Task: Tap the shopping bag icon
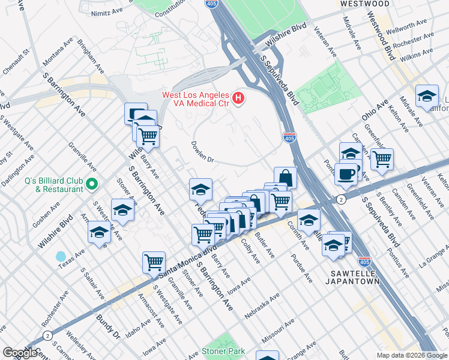coord(286,177)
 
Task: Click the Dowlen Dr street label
coord(202,152)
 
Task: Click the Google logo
coord(20,353)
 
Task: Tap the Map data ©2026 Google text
coord(411,355)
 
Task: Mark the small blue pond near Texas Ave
coord(61,256)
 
